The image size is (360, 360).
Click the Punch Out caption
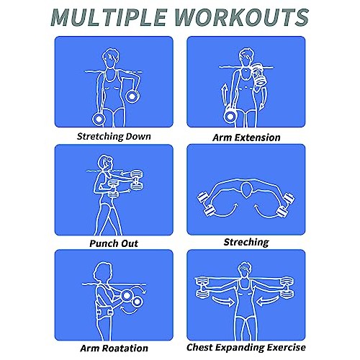[x=114, y=243]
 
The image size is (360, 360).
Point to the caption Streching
[x=246, y=243]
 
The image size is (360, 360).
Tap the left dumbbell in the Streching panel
[x=204, y=204]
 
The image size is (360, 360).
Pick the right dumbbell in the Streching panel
[x=289, y=204]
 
